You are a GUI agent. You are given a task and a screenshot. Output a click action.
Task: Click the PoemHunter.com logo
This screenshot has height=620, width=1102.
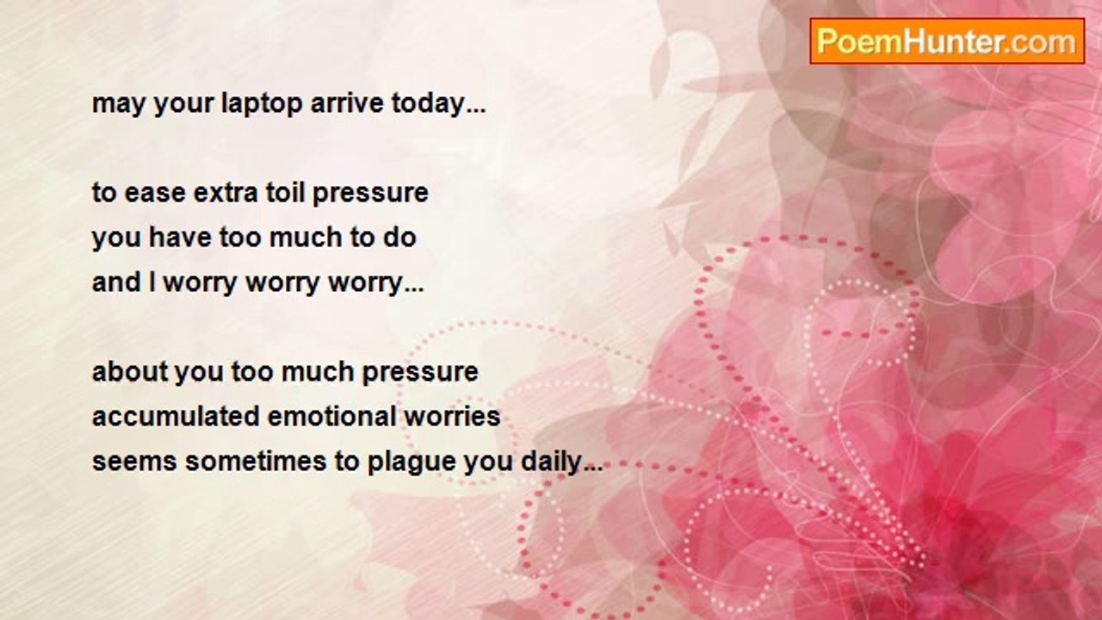(x=947, y=41)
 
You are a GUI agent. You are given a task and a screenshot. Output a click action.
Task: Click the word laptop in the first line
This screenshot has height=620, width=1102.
(x=261, y=105)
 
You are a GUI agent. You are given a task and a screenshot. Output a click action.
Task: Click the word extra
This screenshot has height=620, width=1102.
(x=226, y=193)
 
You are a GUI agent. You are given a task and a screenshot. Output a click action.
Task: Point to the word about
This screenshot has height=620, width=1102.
(x=130, y=372)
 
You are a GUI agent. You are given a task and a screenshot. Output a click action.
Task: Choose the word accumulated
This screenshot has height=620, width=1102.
(x=176, y=417)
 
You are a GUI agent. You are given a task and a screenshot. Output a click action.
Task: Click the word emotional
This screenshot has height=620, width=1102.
(x=331, y=417)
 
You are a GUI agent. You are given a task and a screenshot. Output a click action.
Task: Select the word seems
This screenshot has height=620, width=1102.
(x=134, y=463)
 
